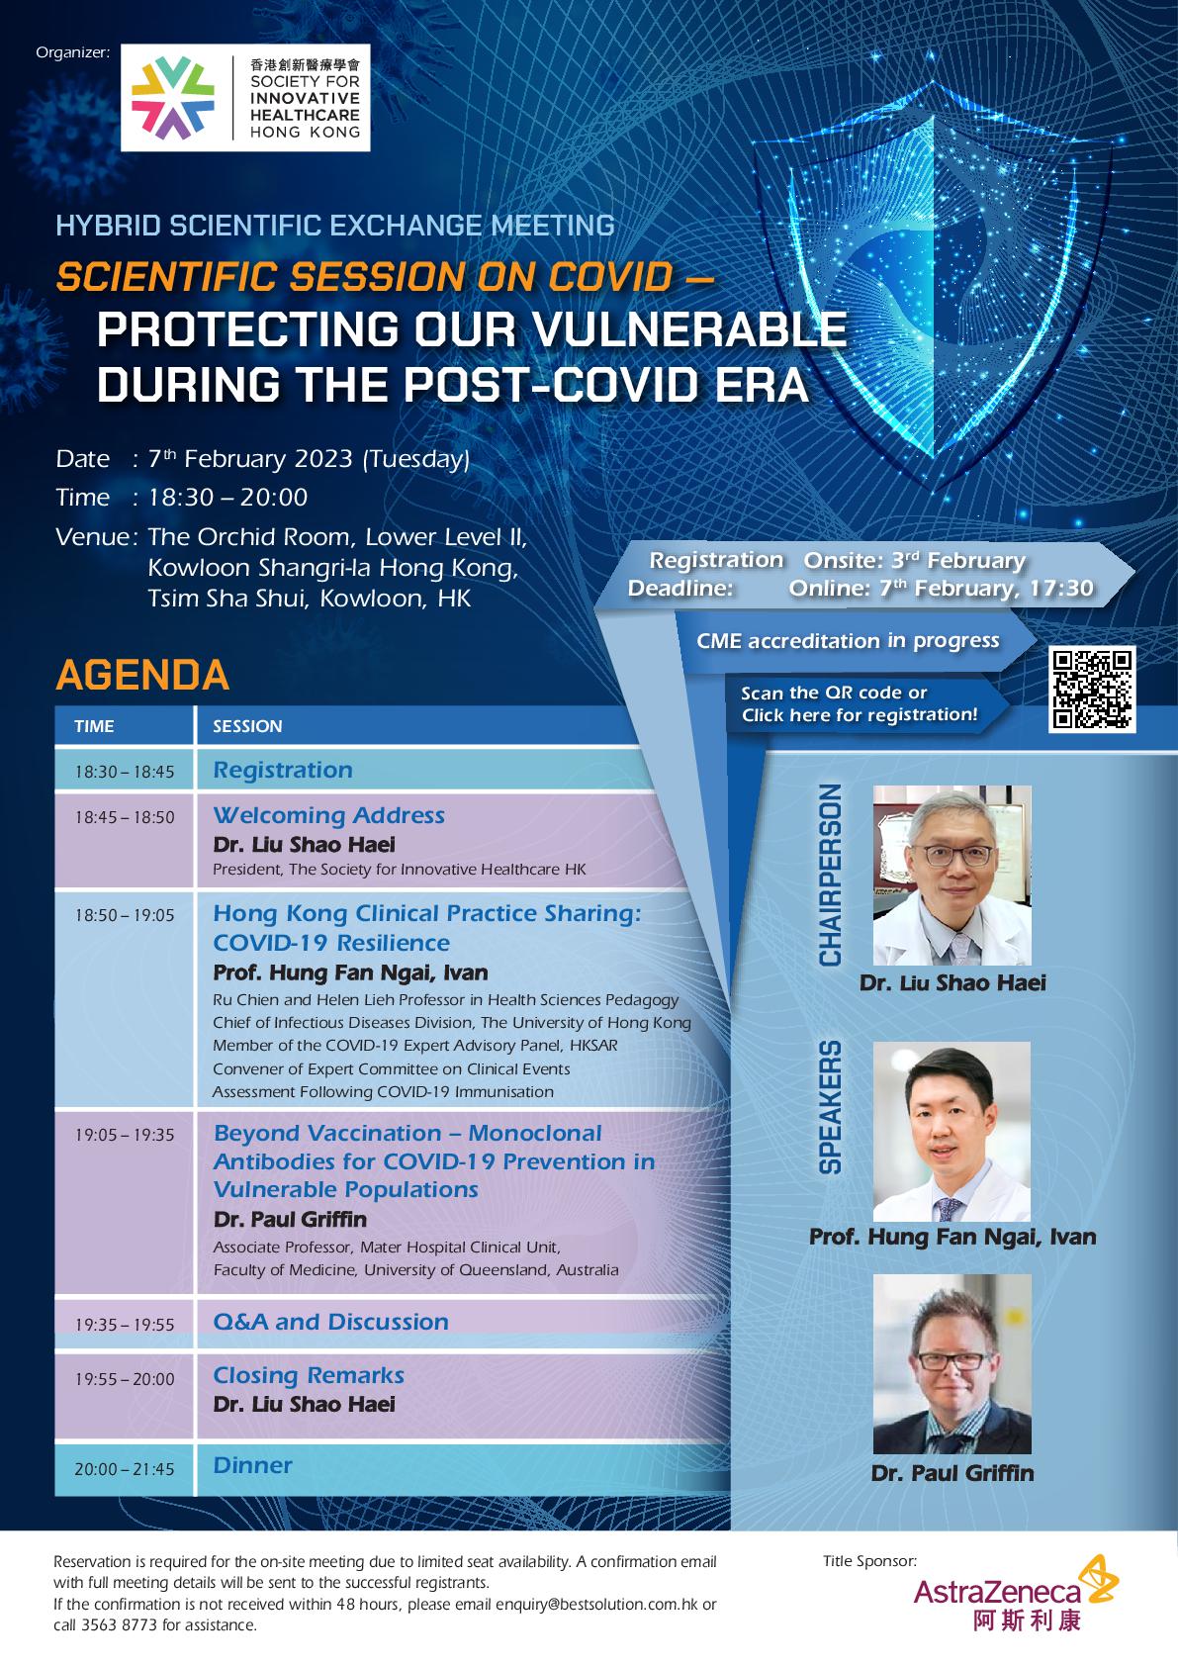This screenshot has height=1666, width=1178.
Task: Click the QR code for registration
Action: [1092, 689]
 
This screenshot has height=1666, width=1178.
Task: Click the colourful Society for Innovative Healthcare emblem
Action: [173, 98]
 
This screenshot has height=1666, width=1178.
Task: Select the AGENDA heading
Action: [142, 675]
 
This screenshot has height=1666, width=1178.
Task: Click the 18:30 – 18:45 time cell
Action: [125, 771]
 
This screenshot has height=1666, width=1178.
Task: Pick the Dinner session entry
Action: [253, 1464]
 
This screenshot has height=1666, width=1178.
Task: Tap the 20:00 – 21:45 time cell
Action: [125, 1469]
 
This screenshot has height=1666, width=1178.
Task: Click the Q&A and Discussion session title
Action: [331, 1322]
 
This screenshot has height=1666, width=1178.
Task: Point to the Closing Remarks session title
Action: [309, 1375]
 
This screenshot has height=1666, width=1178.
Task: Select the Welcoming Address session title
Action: [328, 815]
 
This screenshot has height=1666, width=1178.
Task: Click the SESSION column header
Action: [247, 726]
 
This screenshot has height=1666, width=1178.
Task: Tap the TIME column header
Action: [94, 726]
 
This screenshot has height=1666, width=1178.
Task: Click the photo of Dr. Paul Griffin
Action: [951, 1363]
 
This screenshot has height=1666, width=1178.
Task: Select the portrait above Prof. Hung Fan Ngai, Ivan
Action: [951, 1131]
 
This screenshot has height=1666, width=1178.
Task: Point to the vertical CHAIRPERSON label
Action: [830, 875]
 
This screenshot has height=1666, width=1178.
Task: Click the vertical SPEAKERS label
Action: [830, 1107]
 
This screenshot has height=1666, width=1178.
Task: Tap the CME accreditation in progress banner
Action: [848, 640]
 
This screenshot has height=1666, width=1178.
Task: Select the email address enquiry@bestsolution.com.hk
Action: [597, 1605]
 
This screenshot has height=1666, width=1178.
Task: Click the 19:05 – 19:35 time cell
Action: [125, 1134]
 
